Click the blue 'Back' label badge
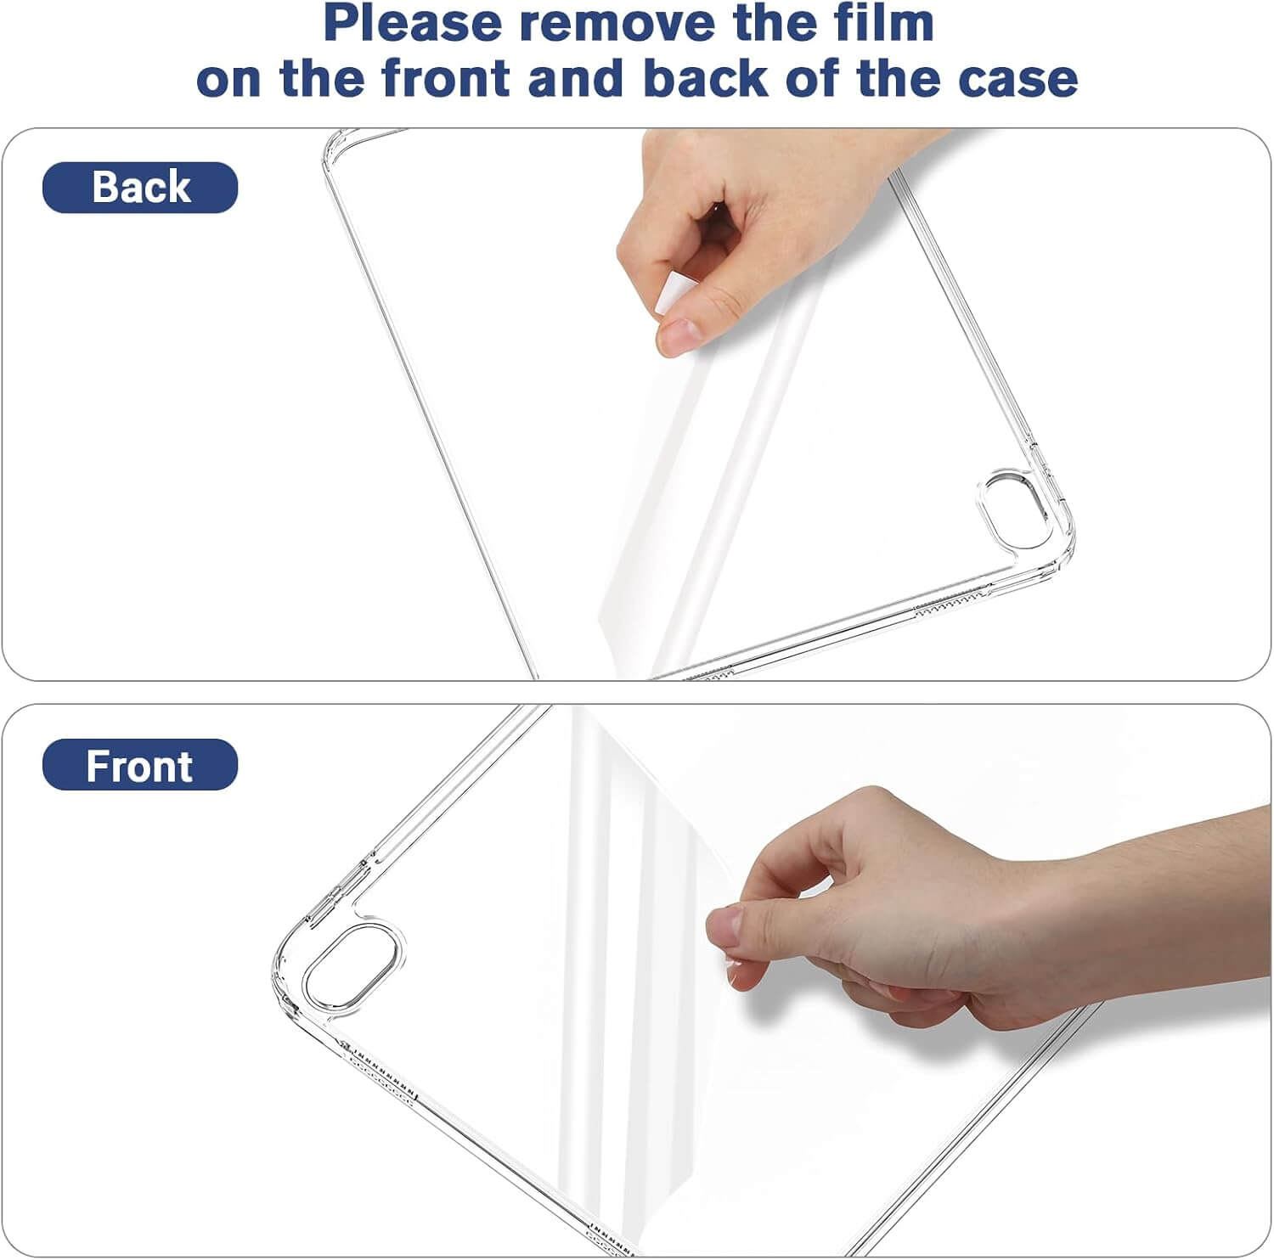tap(140, 187)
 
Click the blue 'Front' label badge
tap(140, 765)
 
